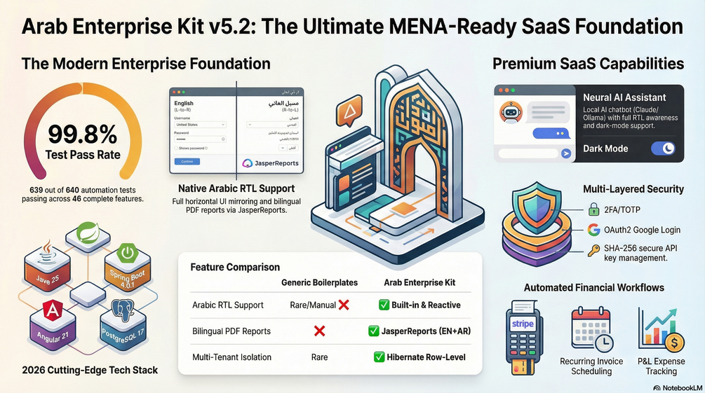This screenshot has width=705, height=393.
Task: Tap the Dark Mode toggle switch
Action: point(663,149)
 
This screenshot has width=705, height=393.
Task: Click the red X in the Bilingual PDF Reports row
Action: point(319,331)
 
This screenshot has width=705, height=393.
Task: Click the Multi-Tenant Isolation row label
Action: point(231,357)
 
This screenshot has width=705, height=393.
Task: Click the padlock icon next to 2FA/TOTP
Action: point(593,208)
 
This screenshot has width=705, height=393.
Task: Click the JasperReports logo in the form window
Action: point(271,163)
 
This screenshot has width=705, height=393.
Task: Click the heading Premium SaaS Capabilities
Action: point(588,64)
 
